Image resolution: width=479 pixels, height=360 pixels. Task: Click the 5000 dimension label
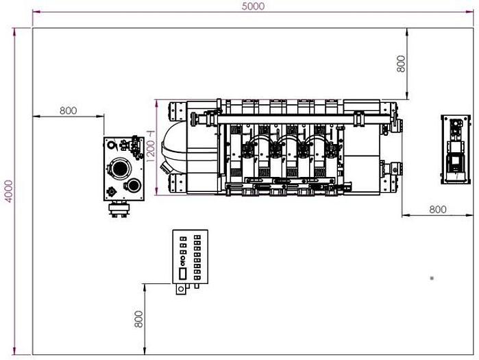point(253,6)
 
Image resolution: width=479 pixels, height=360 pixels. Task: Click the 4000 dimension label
point(9,191)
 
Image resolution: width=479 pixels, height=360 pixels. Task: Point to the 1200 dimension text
point(150,147)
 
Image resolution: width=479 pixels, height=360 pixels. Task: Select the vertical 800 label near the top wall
point(401,64)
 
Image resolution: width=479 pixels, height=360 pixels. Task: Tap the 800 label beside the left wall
point(68,110)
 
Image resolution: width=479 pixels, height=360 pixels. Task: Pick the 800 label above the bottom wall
point(138,319)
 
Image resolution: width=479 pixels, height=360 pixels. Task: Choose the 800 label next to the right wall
point(437,209)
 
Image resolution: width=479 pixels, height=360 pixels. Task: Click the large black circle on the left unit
point(120,168)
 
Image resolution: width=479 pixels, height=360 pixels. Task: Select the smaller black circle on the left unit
point(134,186)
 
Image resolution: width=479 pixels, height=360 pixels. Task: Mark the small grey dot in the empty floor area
point(432,278)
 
